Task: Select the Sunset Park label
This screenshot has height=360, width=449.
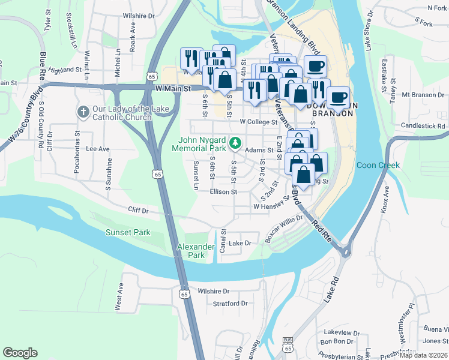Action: coord(128,232)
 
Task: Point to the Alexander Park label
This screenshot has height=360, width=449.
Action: coord(196,251)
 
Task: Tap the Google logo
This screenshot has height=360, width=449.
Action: coord(20,352)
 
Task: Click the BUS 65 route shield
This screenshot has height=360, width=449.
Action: coord(288,346)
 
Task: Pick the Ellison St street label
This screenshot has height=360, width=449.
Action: coord(224,192)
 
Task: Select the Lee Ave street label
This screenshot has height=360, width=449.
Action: coord(98,148)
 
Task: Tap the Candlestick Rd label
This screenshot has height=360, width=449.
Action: coord(423,127)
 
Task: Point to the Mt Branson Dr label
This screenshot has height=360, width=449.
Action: coord(421,95)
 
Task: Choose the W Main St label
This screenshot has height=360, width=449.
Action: coord(172,88)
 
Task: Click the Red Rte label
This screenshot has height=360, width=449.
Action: coord(321,229)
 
